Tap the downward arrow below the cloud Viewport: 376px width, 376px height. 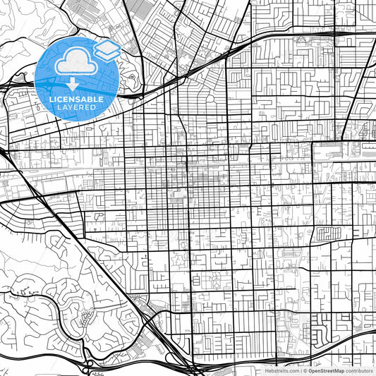click(73, 84)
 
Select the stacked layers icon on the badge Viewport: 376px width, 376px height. click(107, 49)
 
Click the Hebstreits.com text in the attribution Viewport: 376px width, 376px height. click(282, 370)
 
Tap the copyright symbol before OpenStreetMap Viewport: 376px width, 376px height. click(305, 370)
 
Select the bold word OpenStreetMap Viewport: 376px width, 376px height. click(326, 370)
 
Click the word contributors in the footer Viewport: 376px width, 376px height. click(359, 370)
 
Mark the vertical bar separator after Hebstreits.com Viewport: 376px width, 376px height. click(301, 370)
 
